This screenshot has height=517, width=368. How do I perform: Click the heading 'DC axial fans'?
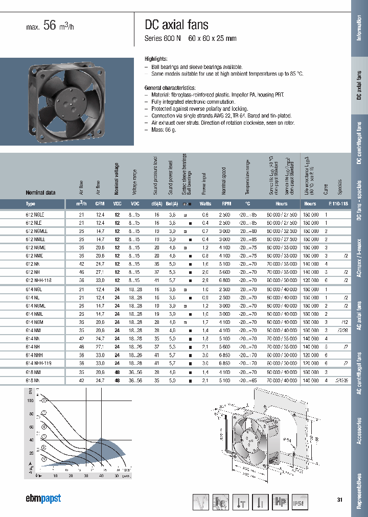point(177,25)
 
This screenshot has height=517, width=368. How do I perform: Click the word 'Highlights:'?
point(156,59)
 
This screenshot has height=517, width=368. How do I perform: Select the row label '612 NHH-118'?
point(39,280)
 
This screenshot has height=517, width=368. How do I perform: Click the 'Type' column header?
point(31,203)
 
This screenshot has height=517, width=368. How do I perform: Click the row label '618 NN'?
point(33,381)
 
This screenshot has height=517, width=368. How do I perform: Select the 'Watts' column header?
point(205,203)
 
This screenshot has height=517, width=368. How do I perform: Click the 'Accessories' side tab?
point(359,431)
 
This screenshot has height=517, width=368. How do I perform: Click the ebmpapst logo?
point(43,499)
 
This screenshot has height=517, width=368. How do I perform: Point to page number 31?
point(339,499)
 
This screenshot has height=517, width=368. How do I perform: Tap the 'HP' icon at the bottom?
point(280,503)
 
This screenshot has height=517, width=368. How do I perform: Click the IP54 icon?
point(301,503)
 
